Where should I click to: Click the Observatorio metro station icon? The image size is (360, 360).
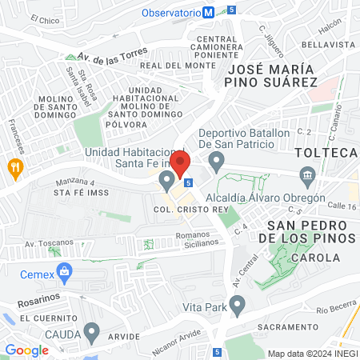tap(209, 12)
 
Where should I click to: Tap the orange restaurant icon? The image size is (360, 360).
tap(14, 167)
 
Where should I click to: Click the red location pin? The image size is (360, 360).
tap(181, 164)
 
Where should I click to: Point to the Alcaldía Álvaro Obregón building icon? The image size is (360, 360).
tap(307, 176)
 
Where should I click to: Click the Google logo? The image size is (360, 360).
tap(26, 350)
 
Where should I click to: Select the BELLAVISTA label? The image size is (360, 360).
tap(329, 45)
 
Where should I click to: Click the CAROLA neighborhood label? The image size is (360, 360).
tap(314, 258)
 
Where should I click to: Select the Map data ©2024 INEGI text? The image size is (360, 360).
tap(310, 354)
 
